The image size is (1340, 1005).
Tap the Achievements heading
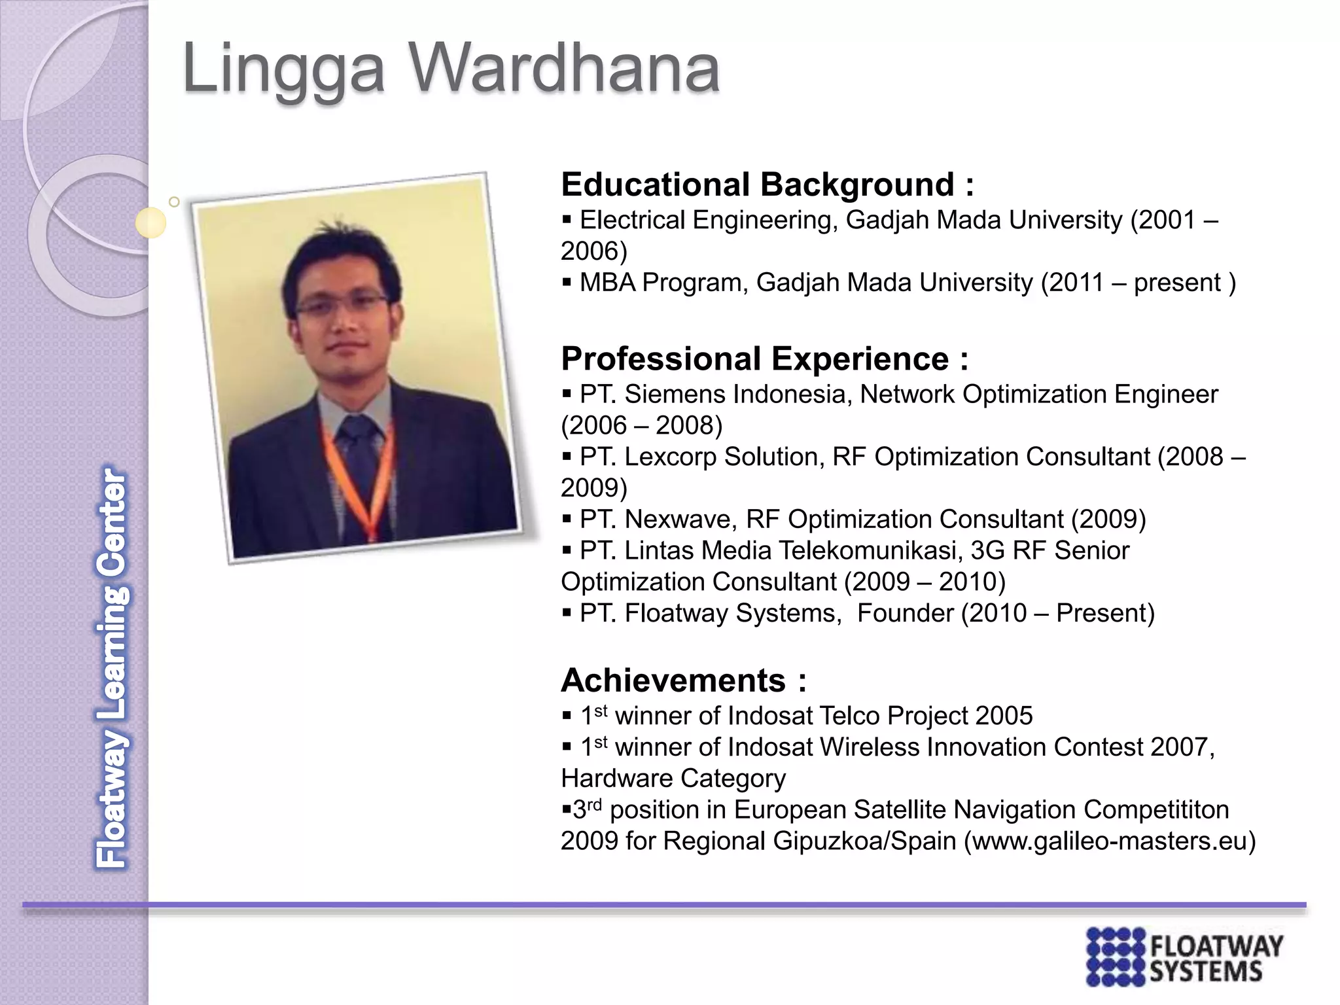(674, 680)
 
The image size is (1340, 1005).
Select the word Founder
(905, 613)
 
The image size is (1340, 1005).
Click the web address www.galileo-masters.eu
(1110, 841)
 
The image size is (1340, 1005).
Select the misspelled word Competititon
(1157, 810)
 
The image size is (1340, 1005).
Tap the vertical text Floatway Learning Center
(111, 667)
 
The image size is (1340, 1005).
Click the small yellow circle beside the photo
(151, 223)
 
